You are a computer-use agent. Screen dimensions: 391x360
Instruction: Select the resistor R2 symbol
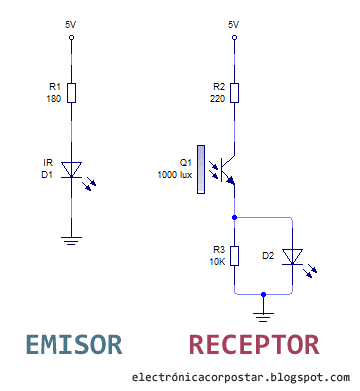click(234, 94)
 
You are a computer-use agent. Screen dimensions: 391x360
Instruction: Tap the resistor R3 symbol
click(234, 255)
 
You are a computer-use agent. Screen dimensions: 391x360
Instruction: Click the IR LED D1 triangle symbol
click(72, 170)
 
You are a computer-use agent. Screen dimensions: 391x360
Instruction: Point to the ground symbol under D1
click(72, 238)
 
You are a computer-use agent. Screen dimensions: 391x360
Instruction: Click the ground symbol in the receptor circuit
click(262, 315)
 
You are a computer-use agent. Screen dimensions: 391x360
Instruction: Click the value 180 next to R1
click(54, 100)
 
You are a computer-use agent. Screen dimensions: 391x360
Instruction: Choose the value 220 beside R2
click(216, 100)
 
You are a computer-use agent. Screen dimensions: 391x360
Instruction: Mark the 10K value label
click(216, 261)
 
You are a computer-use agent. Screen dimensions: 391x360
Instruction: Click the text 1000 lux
click(174, 173)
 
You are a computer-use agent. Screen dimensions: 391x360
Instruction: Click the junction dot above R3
click(234, 215)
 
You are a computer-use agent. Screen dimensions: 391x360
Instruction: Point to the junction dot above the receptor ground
click(262, 295)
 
